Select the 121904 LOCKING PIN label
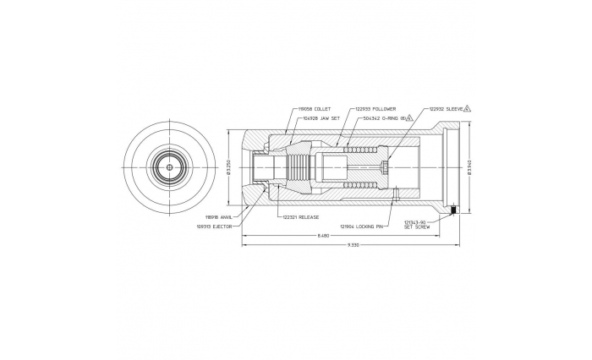click(359, 226)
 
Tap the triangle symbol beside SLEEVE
click(468, 109)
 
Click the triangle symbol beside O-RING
click(409, 119)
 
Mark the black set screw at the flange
click(454, 210)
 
